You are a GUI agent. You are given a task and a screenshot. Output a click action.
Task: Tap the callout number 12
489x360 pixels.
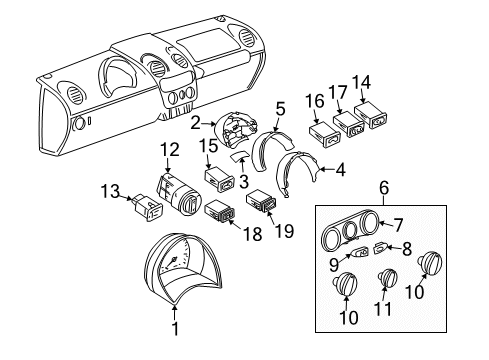[x=171, y=149]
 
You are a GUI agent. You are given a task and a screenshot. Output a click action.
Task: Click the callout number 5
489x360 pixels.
[x=281, y=108]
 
